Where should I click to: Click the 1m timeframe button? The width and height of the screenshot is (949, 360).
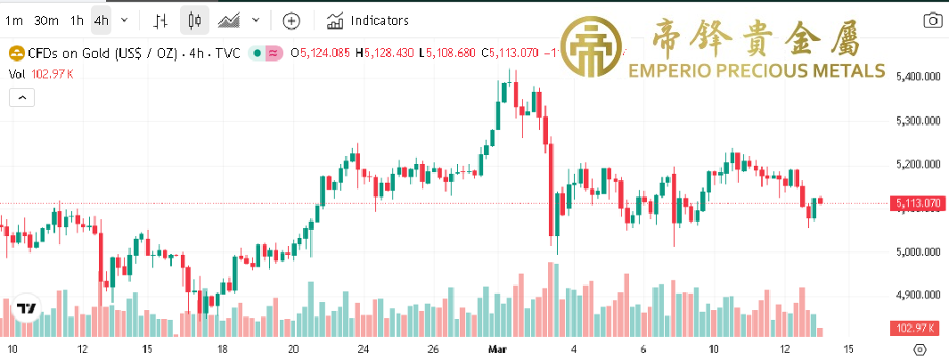click(x=13, y=20)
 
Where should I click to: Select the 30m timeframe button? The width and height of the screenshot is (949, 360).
click(x=45, y=20)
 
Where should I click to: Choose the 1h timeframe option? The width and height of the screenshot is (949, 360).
click(x=77, y=20)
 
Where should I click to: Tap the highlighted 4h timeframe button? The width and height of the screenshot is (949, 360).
click(x=102, y=20)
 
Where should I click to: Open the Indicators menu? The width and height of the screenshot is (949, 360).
click(x=368, y=20)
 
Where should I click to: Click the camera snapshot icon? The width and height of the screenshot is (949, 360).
click(x=932, y=20)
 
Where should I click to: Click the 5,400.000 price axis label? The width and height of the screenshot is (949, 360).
click(x=918, y=78)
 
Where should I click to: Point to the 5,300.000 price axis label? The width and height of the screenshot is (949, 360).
click(x=918, y=121)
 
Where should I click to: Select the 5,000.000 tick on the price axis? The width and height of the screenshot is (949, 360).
click(x=918, y=252)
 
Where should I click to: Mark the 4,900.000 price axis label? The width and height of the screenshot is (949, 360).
click(x=918, y=296)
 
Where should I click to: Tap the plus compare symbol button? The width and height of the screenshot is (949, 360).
click(x=291, y=20)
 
